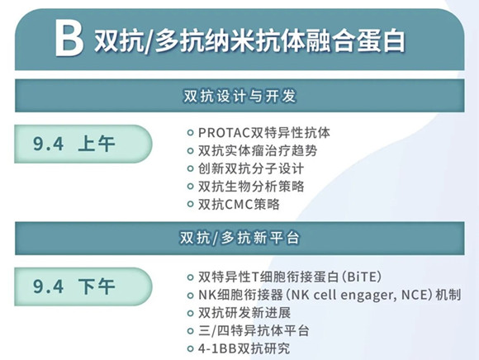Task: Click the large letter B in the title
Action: (69, 39)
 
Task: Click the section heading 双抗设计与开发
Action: (239, 96)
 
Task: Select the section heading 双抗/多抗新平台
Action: (239, 238)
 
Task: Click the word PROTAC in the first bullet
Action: (225, 133)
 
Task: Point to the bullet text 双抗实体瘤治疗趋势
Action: (258, 150)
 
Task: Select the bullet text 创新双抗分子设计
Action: (251, 168)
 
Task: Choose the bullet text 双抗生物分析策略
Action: (251, 187)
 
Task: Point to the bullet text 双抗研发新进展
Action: (244, 313)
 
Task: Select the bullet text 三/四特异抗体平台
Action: (254, 330)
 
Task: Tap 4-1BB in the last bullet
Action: (217, 348)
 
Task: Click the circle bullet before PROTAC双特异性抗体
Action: (190, 133)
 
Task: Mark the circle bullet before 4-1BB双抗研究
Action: (190, 348)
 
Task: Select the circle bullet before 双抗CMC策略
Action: (190, 204)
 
